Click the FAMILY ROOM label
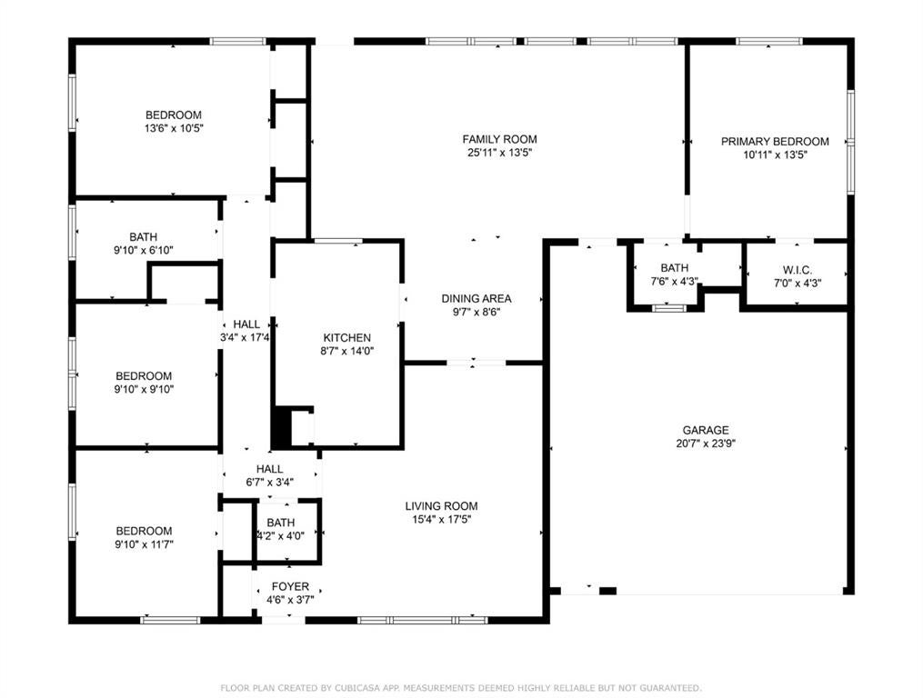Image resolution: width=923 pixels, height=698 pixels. coord(499,139)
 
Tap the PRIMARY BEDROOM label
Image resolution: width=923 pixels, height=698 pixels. coord(775,141)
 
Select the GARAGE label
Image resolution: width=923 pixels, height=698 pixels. coord(706,430)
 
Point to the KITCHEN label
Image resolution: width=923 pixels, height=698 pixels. coord(347,338)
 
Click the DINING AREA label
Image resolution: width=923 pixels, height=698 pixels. coord(477,298)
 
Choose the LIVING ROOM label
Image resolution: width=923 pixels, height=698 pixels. coord(441,506)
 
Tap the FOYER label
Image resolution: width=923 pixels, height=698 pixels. coord(290,587)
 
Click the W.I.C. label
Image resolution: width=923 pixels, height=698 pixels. coord(797,270)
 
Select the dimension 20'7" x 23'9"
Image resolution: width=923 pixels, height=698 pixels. coord(706,444)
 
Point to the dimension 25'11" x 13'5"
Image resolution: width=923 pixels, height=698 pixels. coord(499,153)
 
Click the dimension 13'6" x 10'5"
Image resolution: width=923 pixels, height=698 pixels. coord(174,128)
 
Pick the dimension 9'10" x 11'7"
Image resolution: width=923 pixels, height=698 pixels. coord(144,544)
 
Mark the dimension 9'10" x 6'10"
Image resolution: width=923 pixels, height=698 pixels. coord(143,250)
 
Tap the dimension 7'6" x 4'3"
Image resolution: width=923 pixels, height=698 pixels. coord(674,282)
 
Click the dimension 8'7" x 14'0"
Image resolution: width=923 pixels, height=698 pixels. coord(347,352)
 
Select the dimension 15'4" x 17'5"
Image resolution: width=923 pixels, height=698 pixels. coord(441,520)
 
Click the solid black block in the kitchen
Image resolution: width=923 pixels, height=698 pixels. coord(281,427)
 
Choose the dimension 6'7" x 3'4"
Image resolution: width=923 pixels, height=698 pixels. coord(269,483)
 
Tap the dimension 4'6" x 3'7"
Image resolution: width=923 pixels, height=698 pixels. coord(290,601)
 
